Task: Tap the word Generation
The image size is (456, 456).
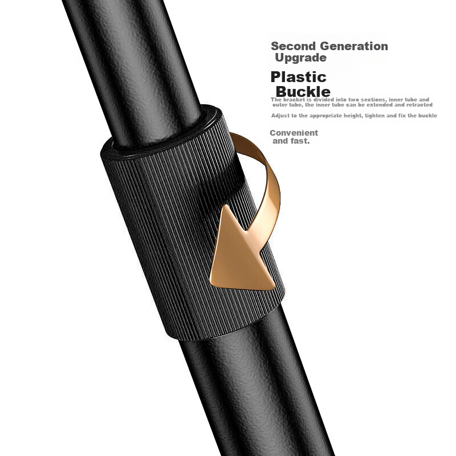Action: point(354,46)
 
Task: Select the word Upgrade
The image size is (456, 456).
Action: point(301,58)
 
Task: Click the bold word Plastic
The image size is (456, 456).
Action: point(298,77)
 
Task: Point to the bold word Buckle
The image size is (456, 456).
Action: point(303,92)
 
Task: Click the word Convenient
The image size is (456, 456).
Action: point(294,133)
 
